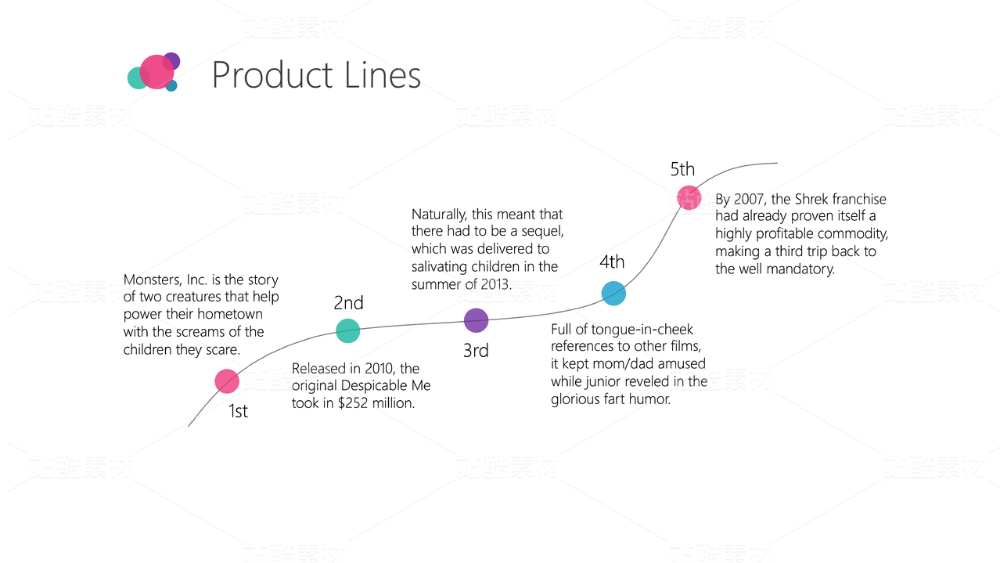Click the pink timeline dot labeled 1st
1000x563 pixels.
click(x=227, y=381)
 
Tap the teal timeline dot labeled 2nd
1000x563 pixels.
click(x=348, y=330)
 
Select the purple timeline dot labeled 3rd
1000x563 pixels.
click(x=476, y=320)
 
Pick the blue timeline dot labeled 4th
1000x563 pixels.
click(x=613, y=293)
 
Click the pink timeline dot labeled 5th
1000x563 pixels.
click(x=689, y=197)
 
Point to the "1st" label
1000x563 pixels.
click(x=238, y=411)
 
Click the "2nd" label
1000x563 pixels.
click(x=348, y=303)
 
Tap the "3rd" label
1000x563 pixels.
click(x=476, y=351)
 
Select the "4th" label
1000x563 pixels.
click(x=612, y=262)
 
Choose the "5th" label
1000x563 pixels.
click(x=682, y=169)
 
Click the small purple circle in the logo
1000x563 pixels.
click(x=172, y=60)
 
